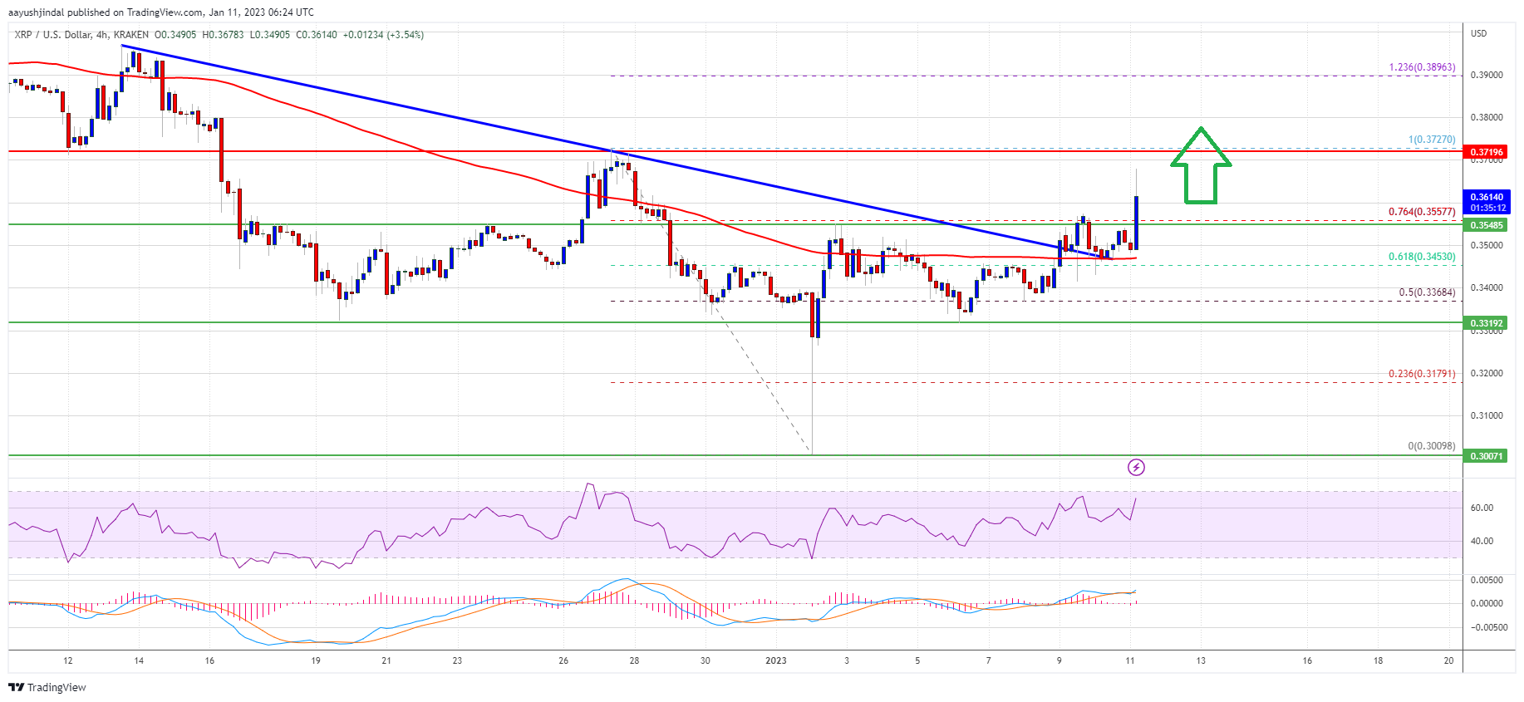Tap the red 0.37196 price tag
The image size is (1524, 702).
1487,152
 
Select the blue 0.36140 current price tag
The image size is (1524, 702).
1487,202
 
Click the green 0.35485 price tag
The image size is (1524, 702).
1487,225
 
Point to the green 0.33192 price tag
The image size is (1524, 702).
1487,323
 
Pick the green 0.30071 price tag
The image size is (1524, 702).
1487,456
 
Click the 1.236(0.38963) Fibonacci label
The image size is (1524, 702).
1422,67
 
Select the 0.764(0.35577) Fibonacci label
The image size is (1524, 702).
1422,212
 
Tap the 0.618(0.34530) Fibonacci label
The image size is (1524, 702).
1422,257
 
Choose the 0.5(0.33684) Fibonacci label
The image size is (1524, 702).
1427,292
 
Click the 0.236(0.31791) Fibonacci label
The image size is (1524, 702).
1422,374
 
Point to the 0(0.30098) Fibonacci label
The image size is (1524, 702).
1431,446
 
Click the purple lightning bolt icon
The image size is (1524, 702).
1136,468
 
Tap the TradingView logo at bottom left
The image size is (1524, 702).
47,687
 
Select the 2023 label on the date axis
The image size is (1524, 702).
775,661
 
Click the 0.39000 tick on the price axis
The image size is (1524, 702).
1487,75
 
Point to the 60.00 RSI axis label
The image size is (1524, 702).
1482,508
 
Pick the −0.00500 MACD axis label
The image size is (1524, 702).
1487,627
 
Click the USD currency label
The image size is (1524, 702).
1478,33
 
